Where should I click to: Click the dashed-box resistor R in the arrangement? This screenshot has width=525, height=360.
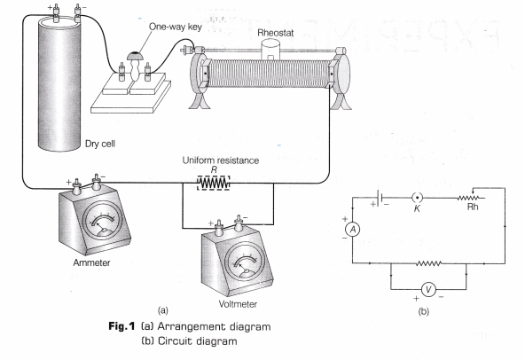point(213,183)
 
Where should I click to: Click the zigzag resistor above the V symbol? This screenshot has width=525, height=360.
point(428,263)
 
